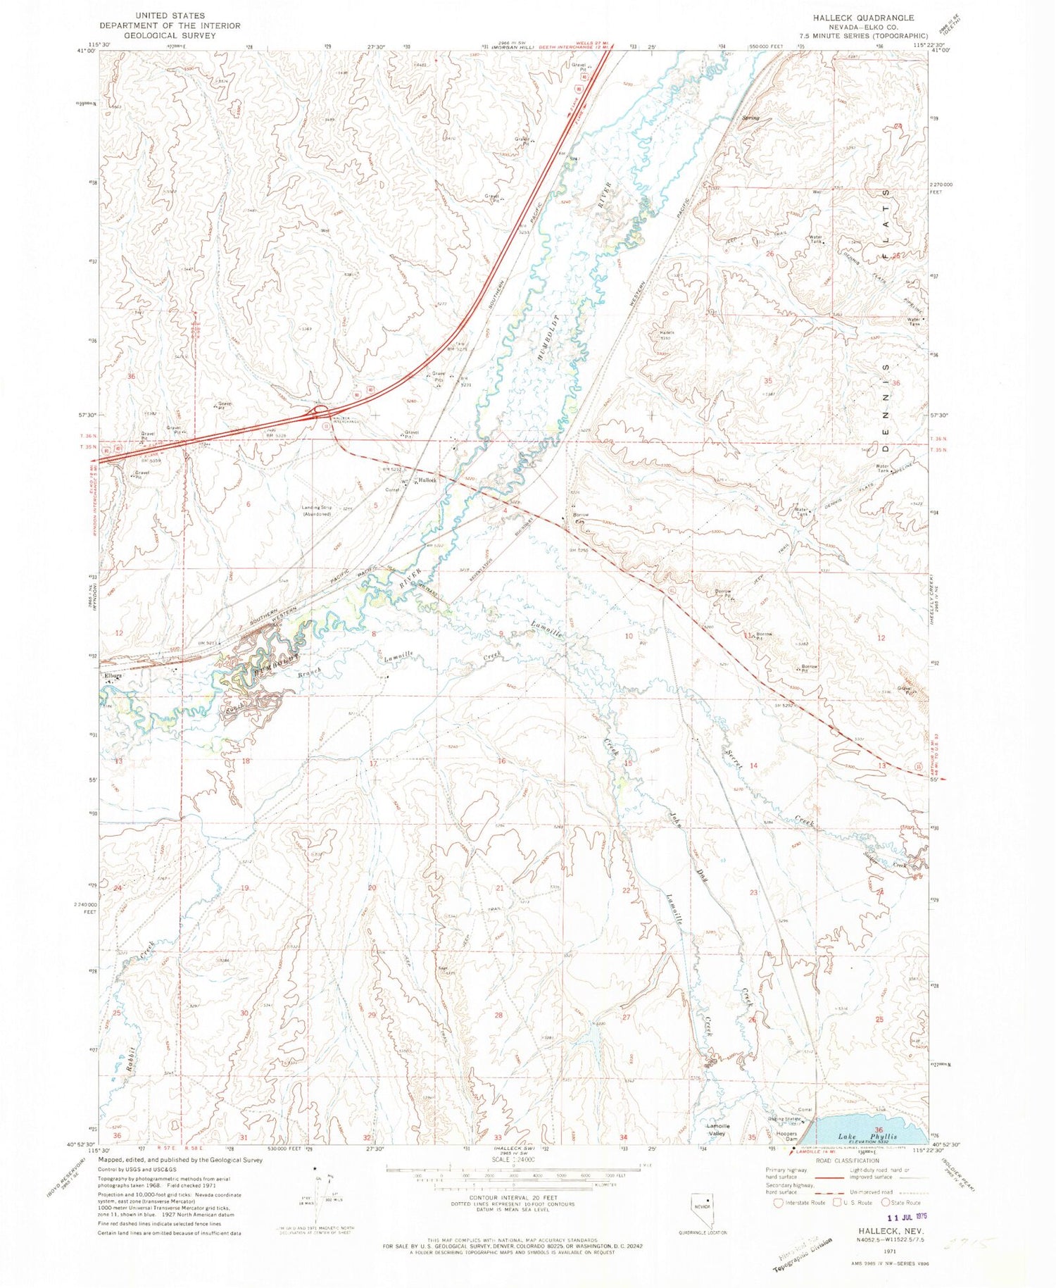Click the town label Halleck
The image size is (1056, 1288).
428,480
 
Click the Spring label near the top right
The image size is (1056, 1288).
750,118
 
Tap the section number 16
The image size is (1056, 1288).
501,761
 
